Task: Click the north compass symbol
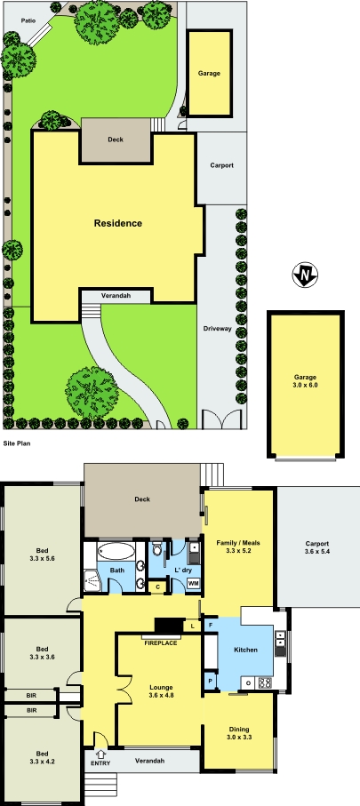coord(305,275)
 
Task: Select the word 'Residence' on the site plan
coord(118,223)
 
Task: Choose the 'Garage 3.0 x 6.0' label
coord(305,381)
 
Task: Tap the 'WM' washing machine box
coord(194,583)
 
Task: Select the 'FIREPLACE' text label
coord(161,641)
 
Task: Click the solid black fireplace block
coord(167,626)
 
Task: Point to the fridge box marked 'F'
coord(211,626)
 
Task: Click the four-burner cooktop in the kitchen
coord(264,682)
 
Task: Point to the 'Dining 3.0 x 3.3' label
coord(236,731)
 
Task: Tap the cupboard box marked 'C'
coord(157,587)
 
